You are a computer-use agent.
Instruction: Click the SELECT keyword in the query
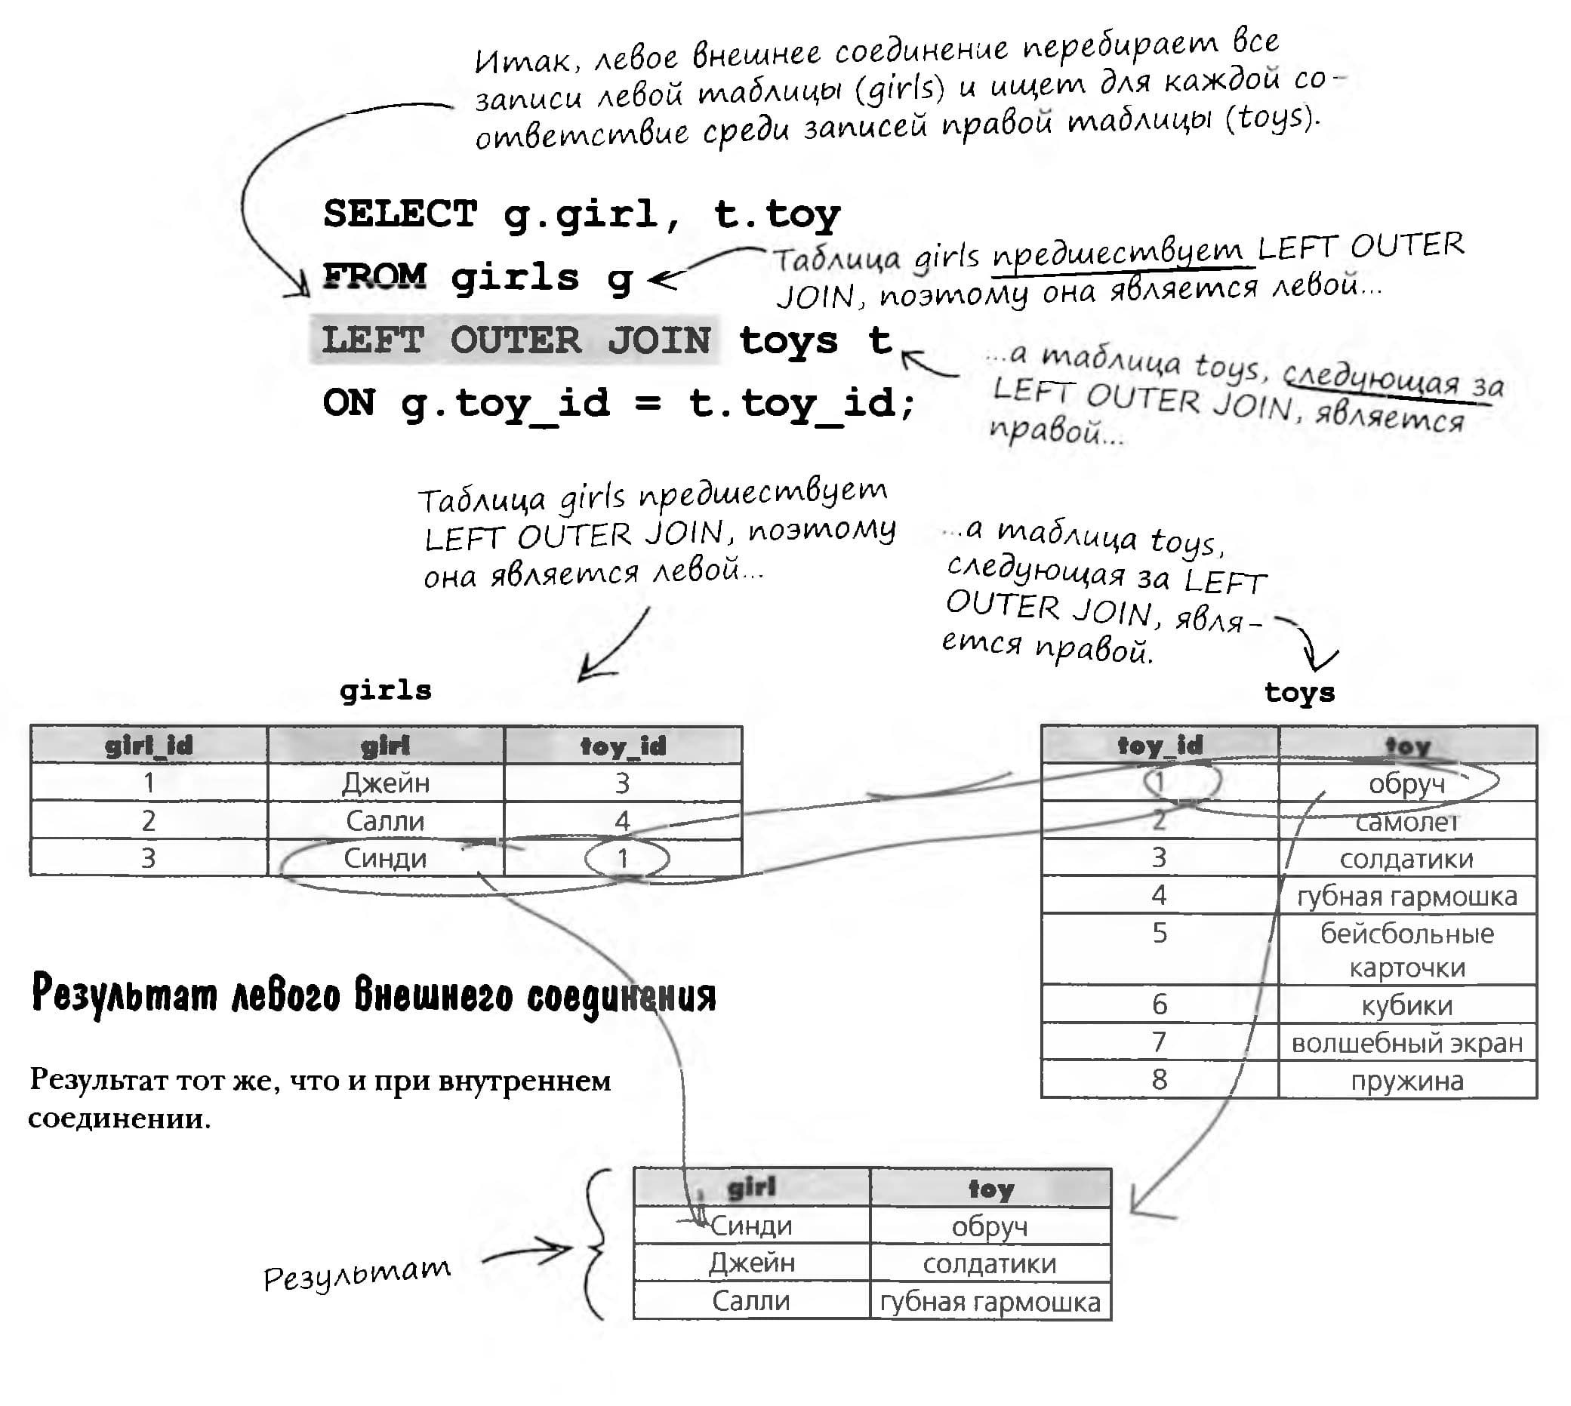(x=400, y=214)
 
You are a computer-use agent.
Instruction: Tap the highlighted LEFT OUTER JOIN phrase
(x=515, y=340)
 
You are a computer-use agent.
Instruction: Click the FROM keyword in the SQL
(x=374, y=276)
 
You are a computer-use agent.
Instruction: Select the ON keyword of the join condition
(x=349, y=402)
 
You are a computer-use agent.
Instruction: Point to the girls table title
(x=386, y=690)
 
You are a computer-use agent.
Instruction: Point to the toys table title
(x=1299, y=691)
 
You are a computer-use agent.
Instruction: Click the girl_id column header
(x=149, y=746)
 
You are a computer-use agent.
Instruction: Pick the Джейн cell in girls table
(x=386, y=783)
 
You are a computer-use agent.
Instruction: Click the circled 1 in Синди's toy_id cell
(x=623, y=857)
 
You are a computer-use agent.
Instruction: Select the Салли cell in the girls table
(x=386, y=820)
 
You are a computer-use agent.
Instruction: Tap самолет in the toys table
(x=1407, y=821)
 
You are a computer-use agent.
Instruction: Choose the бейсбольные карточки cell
(x=1407, y=950)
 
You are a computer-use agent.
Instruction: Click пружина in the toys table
(x=1407, y=1080)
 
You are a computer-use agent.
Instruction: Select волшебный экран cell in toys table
(x=1407, y=1043)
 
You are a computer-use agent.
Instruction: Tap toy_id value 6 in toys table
(x=1159, y=1005)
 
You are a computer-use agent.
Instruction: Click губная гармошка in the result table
(x=990, y=1302)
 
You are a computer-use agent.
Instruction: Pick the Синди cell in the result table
(x=751, y=1225)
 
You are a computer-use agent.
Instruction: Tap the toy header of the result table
(x=990, y=1188)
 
